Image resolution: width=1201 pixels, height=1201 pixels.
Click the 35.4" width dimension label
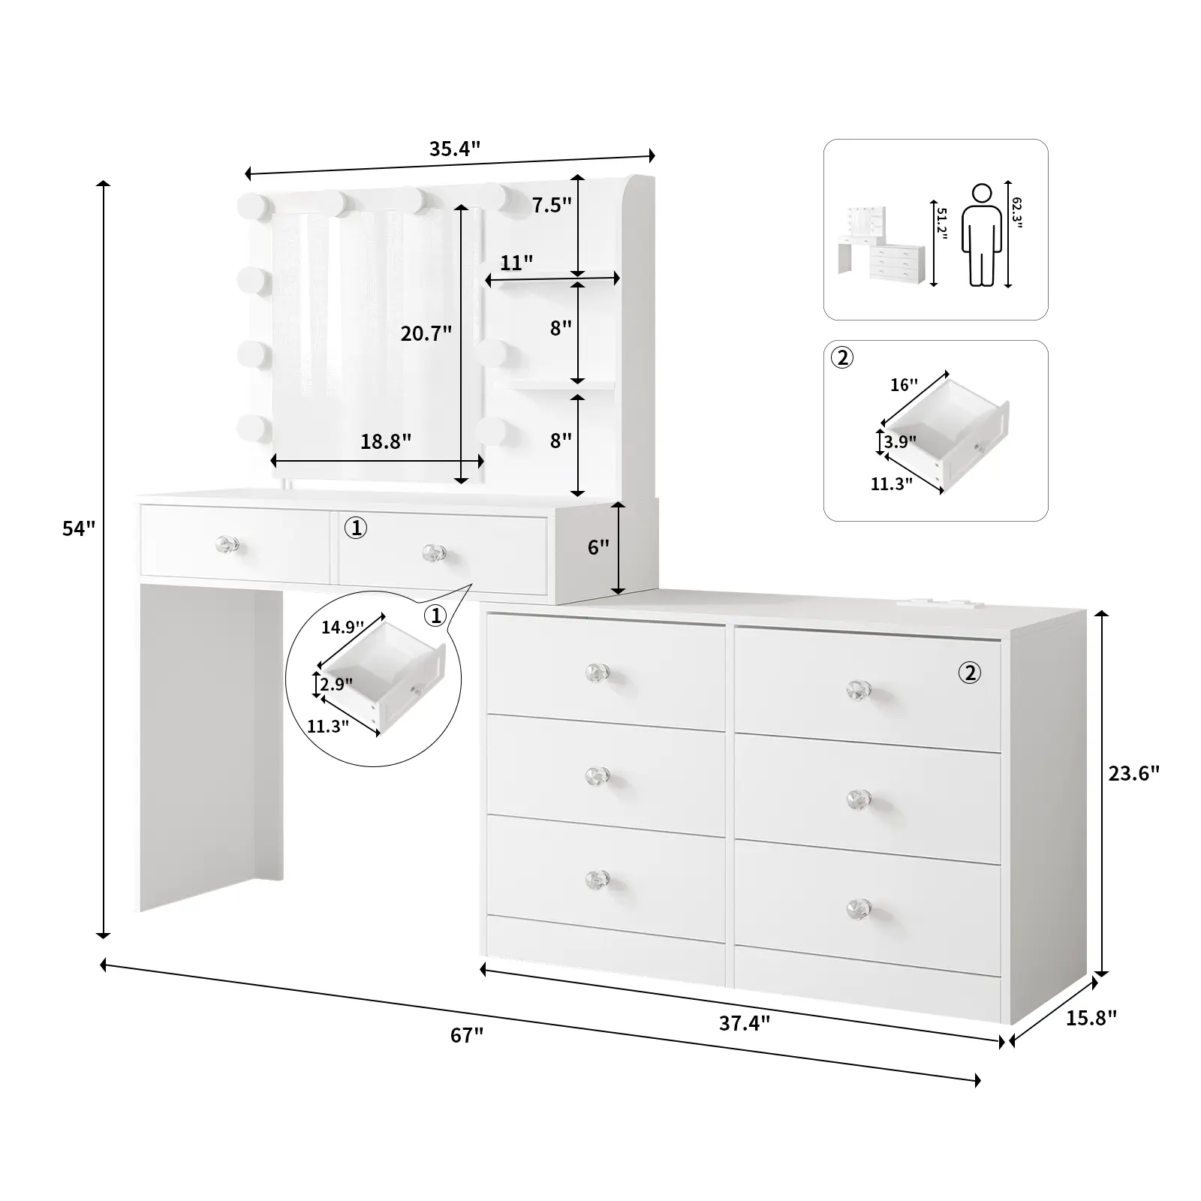pyautogui.click(x=454, y=149)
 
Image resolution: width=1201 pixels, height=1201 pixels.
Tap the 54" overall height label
pyautogui.click(x=79, y=528)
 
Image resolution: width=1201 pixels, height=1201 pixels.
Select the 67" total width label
pyautogui.click(x=467, y=1035)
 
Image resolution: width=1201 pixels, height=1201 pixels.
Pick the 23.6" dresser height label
pyautogui.click(x=1134, y=773)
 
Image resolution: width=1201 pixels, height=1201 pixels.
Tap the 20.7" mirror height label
pyautogui.click(x=426, y=333)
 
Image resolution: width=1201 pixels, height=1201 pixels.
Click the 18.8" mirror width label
pyautogui.click(x=386, y=441)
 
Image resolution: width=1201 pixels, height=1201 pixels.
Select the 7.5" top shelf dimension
pyautogui.click(x=552, y=205)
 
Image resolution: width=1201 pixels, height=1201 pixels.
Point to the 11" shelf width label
pyautogui.click(x=516, y=263)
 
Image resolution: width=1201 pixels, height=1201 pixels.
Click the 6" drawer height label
pyautogui.click(x=598, y=547)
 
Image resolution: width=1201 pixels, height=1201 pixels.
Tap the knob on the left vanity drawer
pyautogui.click(x=227, y=543)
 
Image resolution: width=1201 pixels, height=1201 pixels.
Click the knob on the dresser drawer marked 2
pyautogui.click(x=859, y=690)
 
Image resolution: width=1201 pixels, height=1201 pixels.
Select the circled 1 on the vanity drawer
pyautogui.click(x=356, y=528)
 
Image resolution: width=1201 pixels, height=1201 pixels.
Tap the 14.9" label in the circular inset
pyautogui.click(x=342, y=628)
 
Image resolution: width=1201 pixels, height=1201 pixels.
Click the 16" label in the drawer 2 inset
pyautogui.click(x=904, y=385)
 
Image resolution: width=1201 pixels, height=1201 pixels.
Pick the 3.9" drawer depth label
pyautogui.click(x=899, y=442)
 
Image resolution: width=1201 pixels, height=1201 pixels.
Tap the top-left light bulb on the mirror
pyautogui.click(x=253, y=205)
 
